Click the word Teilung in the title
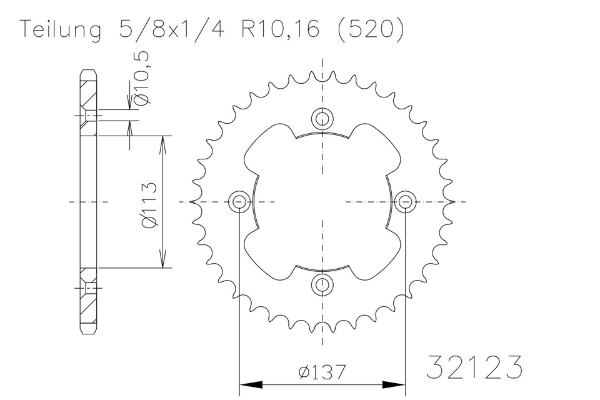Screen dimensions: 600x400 [x=61, y=29]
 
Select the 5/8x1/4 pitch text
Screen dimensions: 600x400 [x=171, y=28]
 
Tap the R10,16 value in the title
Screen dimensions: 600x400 [x=280, y=29]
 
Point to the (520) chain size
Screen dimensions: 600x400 [x=369, y=29]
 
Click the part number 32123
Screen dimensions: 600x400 [x=474, y=367]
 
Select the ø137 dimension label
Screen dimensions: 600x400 [x=322, y=372]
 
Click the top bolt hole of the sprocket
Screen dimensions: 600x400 [x=322, y=118]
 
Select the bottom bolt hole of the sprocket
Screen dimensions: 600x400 [x=322, y=285]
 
